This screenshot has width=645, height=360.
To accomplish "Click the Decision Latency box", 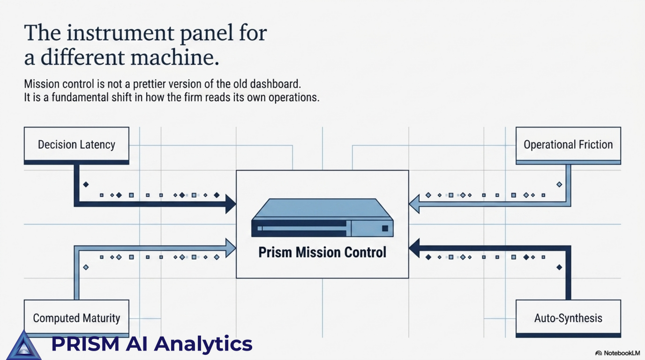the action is pyautogui.click(x=76, y=145).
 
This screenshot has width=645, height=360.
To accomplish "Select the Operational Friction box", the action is pyautogui.click(x=568, y=145).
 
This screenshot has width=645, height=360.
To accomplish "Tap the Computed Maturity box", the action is pyautogui.click(x=76, y=318).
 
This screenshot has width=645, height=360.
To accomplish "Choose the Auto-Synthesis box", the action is pyautogui.click(x=568, y=318).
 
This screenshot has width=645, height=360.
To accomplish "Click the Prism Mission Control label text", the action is pyautogui.click(x=322, y=252).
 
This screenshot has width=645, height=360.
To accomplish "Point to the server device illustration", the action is pyautogui.click(x=322, y=217).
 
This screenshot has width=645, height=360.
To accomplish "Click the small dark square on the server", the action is pyautogui.click(x=385, y=228).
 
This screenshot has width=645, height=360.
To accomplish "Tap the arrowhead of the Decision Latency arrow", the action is pyautogui.click(x=231, y=204).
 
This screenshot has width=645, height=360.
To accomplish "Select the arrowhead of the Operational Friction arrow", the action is pyautogui.click(x=414, y=204).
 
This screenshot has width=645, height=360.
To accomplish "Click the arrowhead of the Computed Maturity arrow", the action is pyautogui.click(x=231, y=247).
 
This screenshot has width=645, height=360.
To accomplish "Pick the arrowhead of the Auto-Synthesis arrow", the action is pyautogui.click(x=414, y=247).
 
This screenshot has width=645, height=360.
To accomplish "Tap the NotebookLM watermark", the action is pyautogui.click(x=618, y=353).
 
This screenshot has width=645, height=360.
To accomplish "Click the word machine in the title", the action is pyautogui.click(x=175, y=57).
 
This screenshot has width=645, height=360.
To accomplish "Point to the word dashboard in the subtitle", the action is pyautogui.click(x=276, y=84).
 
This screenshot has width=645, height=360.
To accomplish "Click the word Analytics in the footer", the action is pyautogui.click(x=205, y=344).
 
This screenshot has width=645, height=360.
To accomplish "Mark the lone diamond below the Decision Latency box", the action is pyautogui.click(x=86, y=184).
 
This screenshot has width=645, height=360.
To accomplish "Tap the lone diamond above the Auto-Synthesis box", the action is pyautogui.click(x=559, y=267).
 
